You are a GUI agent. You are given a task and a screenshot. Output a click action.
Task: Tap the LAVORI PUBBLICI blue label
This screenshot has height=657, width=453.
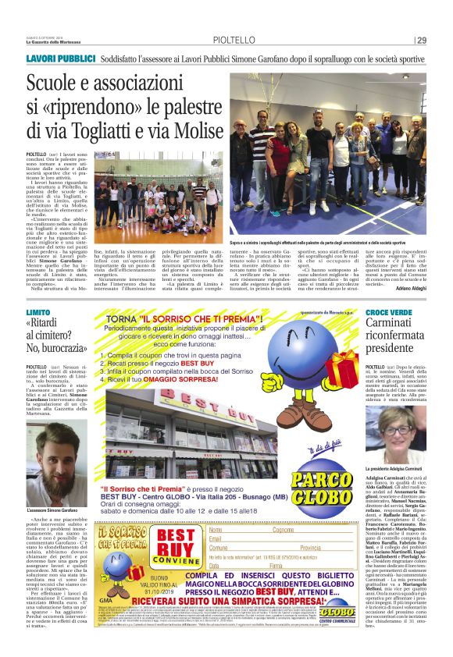click(x=55, y=59)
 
